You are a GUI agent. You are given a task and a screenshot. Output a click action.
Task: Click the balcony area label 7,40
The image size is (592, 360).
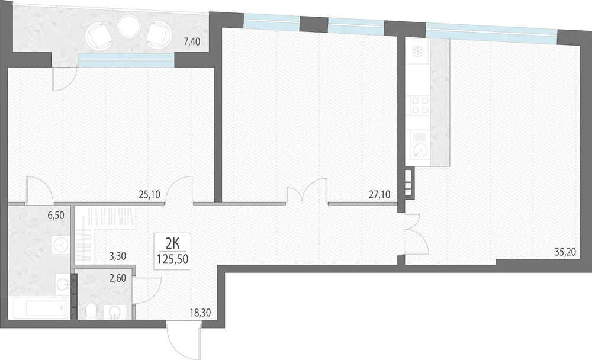pyautogui.click(x=191, y=41)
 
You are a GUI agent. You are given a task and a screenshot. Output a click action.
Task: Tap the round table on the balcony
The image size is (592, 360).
pyautogui.click(x=128, y=26)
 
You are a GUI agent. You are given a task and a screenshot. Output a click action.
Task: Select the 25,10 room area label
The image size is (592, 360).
pyautogui.click(x=150, y=195)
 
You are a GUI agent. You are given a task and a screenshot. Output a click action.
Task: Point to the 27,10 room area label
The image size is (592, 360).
pyautogui.click(x=379, y=195)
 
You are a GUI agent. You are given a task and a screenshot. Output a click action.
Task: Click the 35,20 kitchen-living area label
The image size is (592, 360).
pyautogui.click(x=565, y=252)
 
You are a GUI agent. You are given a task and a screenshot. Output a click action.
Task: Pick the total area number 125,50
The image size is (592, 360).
pyautogui.click(x=173, y=259)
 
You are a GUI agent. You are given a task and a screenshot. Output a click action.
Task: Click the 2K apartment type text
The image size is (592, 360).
pyautogui.click(x=172, y=243)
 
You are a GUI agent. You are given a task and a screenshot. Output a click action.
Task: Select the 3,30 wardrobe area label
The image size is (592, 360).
pyautogui.click(x=117, y=256)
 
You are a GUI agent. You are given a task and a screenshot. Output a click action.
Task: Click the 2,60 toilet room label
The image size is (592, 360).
pyautogui.click(x=117, y=279)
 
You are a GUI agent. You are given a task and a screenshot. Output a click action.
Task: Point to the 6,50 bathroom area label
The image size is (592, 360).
pyautogui.click(x=56, y=216)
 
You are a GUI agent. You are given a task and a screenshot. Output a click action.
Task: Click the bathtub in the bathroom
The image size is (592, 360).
pyautogui.click(x=40, y=307)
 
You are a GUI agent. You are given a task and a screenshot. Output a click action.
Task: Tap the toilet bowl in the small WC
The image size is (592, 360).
pyautogui.click(x=91, y=311)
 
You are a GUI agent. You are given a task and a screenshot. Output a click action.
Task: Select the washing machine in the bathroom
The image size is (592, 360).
pyautogui.click(x=60, y=245)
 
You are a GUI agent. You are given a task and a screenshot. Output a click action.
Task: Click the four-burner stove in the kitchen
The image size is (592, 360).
pyautogui.click(x=420, y=105)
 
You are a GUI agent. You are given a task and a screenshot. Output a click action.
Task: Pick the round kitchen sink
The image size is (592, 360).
pyautogui.click(x=419, y=151)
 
